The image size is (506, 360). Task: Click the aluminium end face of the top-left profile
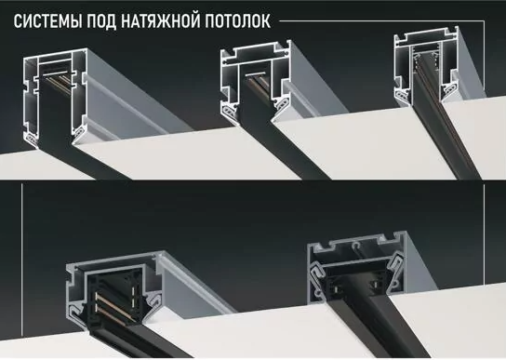click(46, 93)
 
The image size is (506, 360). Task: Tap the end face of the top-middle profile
click(246, 87)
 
